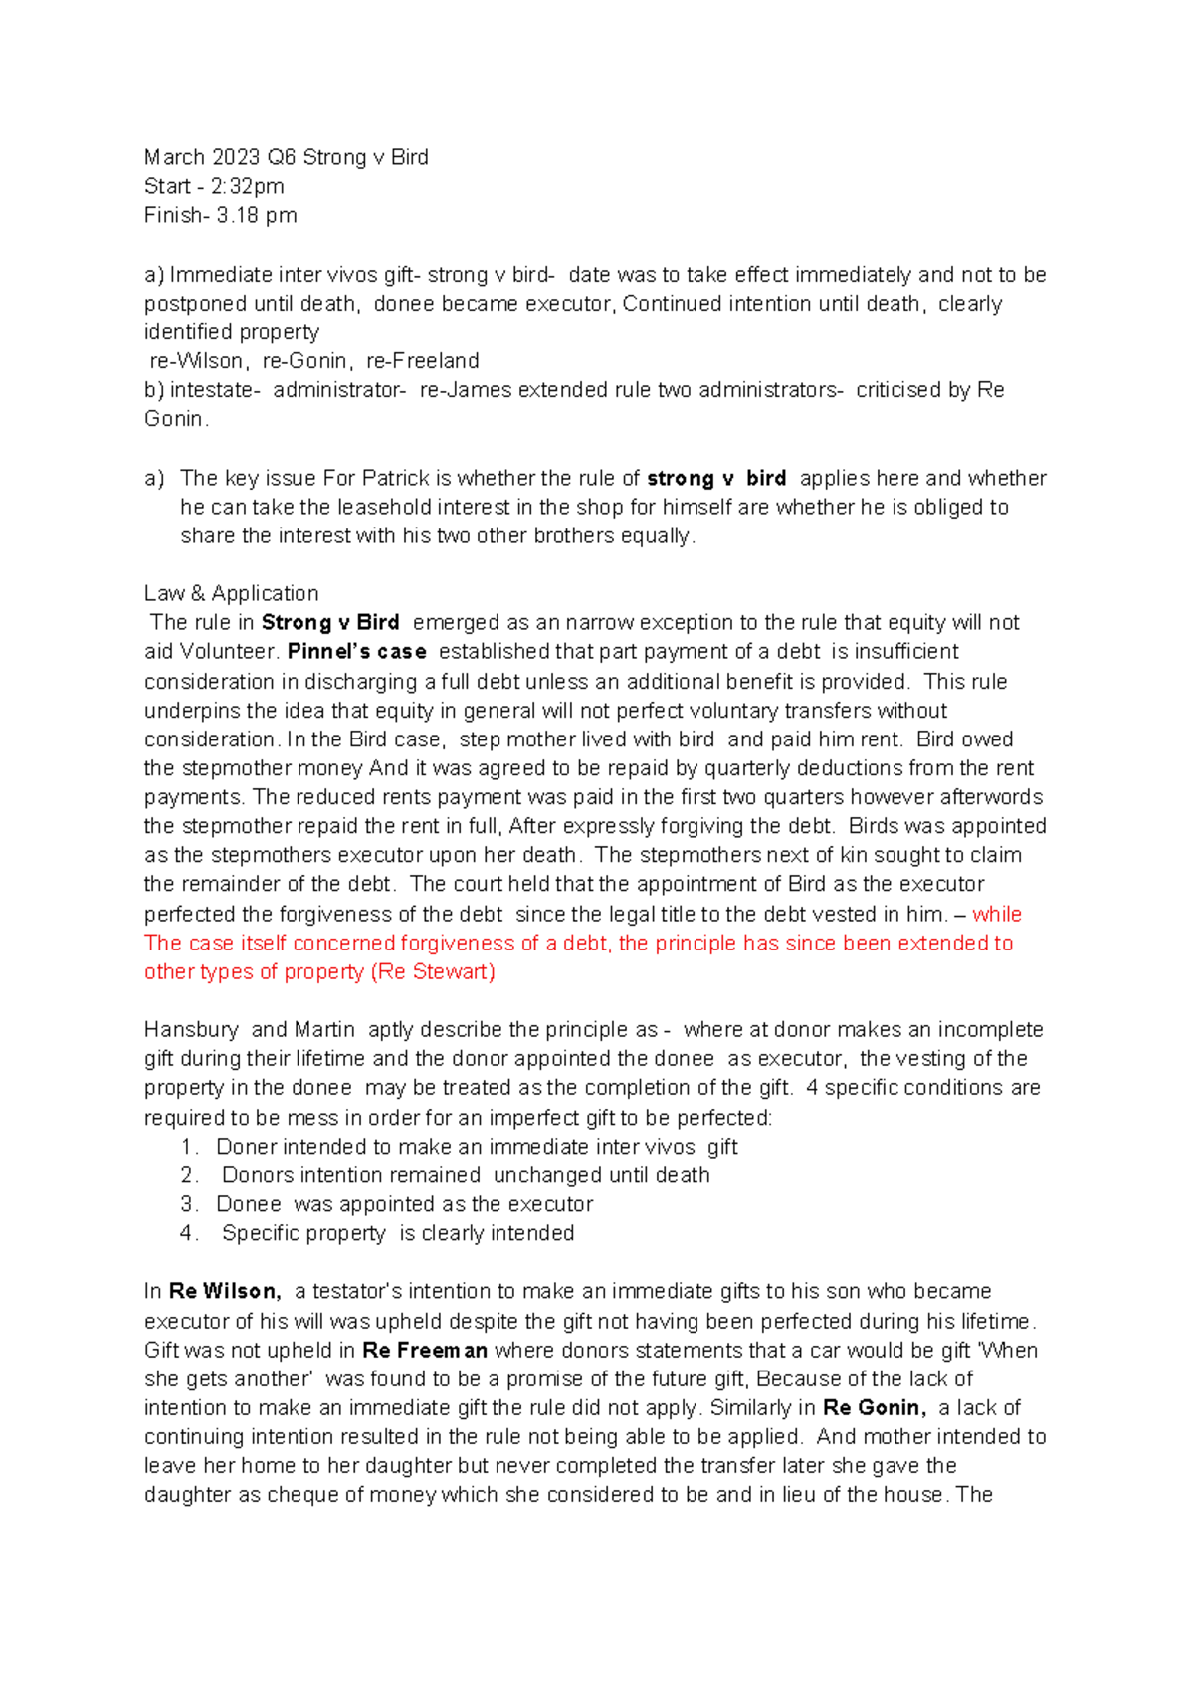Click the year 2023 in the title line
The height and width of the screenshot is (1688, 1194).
pyautogui.click(x=233, y=157)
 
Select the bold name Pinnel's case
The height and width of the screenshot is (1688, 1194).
pyautogui.click(x=356, y=652)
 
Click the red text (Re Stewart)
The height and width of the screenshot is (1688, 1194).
pyautogui.click(x=433, y=972)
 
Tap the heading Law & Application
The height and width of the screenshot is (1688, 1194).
pyautogui.click(x=231, y=594)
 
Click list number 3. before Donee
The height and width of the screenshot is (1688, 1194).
pyautogui.click(x=189, y=1205)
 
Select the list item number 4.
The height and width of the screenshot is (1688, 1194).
pyautogui.click(x=189, y=1234)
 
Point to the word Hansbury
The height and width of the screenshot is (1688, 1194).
pyautogui.click(x=191, y=1030)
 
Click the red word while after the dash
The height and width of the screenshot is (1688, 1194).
pyautogui.click(x=997, y=915)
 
